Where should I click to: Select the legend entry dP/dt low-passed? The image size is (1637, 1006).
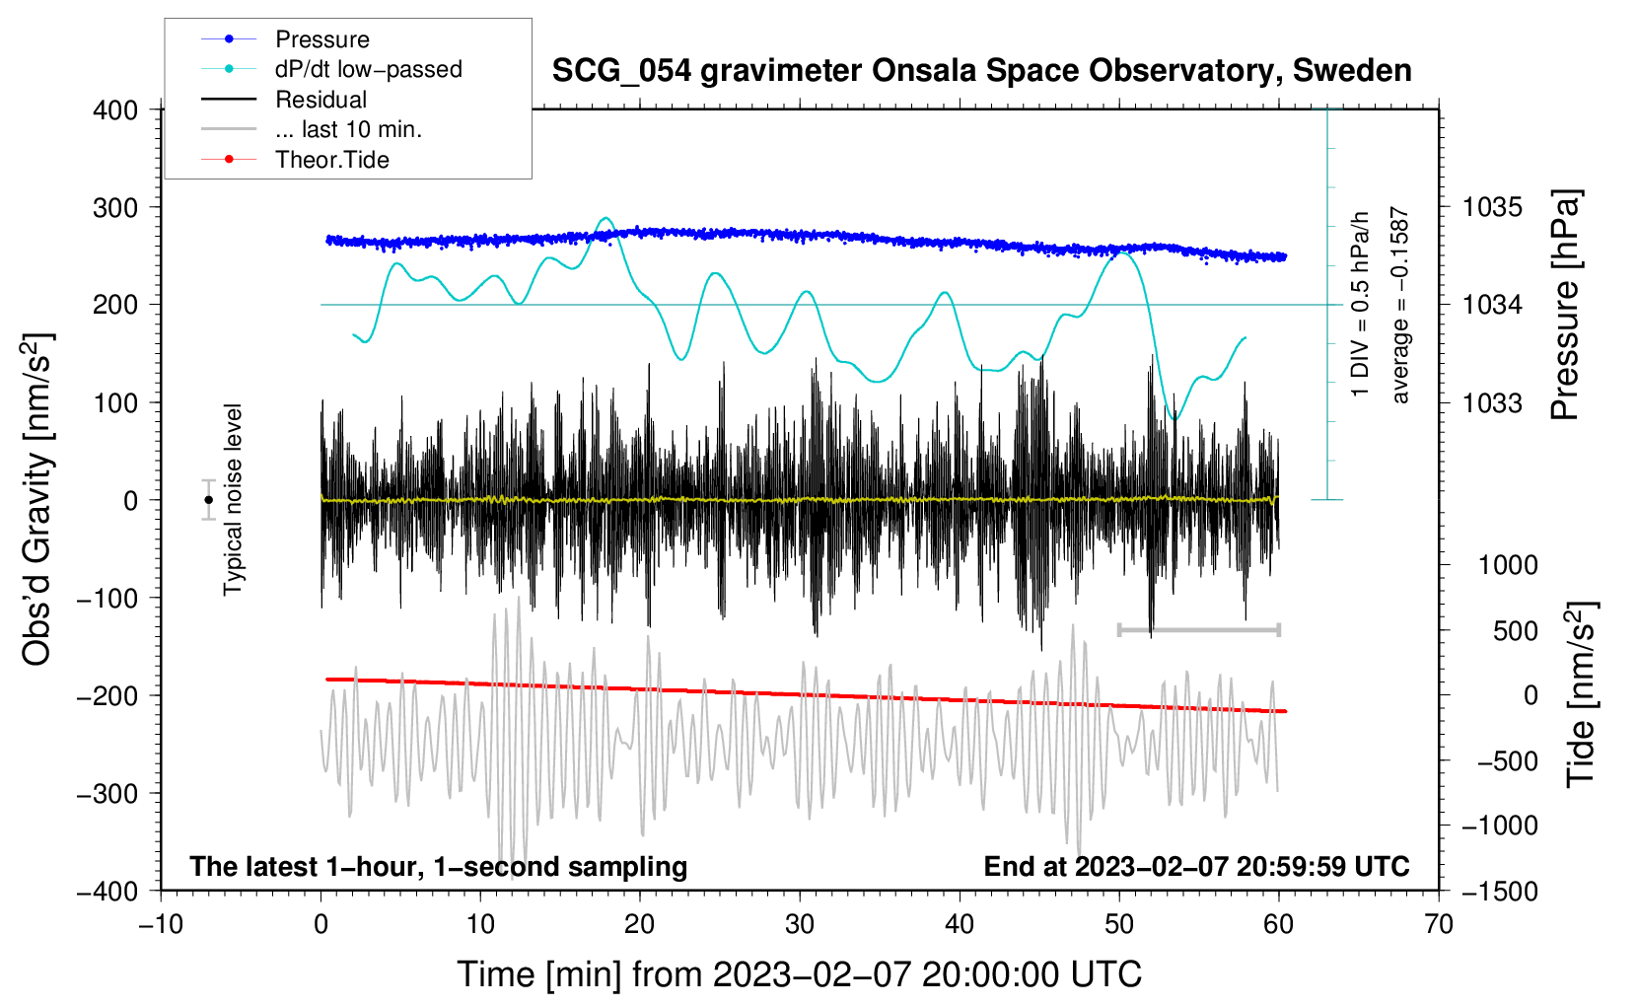368,69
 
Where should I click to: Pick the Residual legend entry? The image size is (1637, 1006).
320,100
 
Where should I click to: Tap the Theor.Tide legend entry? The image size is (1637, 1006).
331,160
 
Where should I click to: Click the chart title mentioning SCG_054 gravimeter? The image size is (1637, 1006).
981,71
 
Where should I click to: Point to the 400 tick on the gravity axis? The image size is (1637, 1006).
115,109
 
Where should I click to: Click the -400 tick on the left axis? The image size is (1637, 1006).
107,891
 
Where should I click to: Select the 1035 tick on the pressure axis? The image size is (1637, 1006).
1492,207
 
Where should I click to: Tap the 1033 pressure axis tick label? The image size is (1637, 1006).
1492,402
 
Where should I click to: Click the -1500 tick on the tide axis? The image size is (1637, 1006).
1500,891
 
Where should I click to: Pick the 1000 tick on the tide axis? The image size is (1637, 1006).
1508,565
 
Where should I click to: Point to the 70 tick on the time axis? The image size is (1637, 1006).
1439,924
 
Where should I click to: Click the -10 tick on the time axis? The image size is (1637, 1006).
161,924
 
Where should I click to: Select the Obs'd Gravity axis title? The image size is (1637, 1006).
37,499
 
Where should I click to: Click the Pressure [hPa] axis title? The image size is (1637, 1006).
1565,305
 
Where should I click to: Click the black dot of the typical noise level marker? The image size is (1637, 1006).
208,500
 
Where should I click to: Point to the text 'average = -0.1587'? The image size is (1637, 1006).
1400,305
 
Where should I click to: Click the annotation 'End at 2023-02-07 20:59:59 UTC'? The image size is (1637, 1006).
1196,866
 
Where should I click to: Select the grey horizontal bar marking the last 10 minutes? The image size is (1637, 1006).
1198,629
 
